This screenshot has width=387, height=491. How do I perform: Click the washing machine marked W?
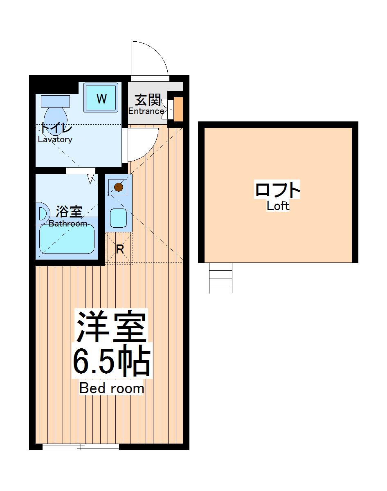point(101,98)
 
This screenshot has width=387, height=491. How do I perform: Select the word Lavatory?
point(55,139)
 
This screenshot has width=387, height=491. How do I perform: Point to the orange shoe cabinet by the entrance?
point(178,109)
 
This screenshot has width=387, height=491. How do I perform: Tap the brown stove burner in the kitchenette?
point(118,188)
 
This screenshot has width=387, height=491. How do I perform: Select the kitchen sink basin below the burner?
point(119,218)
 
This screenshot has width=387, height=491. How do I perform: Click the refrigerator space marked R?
point(119,249)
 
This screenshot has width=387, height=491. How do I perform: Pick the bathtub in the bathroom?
point(67,240)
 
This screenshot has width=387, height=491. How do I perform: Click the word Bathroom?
point(68,224)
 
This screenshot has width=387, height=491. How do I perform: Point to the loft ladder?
point(220,278)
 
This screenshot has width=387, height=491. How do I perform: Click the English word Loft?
point(278,206)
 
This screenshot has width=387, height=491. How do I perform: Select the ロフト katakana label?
point(278,190)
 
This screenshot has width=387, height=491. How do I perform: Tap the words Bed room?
point(111,388)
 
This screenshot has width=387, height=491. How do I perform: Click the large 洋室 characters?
point(111,327)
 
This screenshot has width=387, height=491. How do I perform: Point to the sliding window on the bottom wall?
point(81,447)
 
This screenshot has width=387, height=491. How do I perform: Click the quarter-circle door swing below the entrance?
point(141,143)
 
